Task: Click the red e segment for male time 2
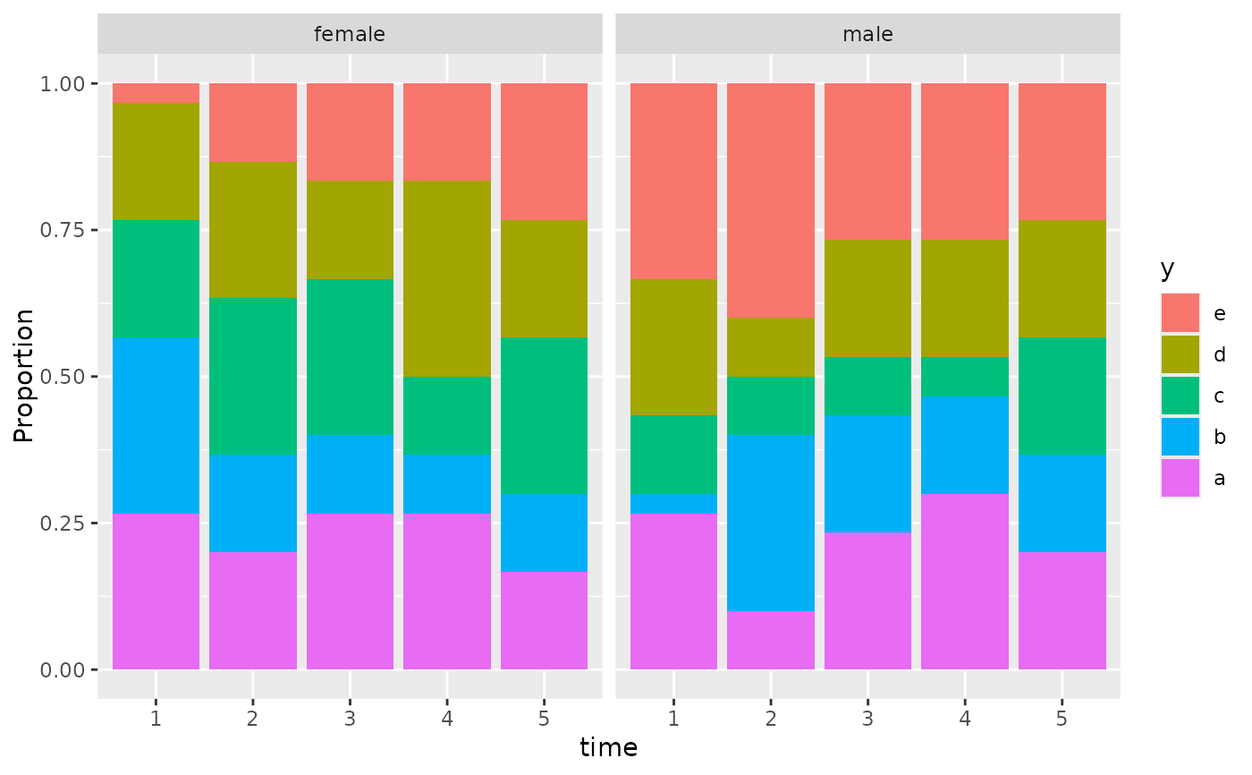(x=771, y=200)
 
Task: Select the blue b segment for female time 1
(x=156, y=425)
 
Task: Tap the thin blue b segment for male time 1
(x=673, y=503)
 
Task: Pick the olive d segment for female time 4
(x=447, y=278)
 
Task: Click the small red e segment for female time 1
(x=156, y=93)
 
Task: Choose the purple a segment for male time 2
(x=771, y=640)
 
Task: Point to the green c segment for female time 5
(x=544, y=415)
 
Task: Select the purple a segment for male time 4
(x=965, y=582)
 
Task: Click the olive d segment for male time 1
(x=673, y=347)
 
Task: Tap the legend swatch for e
(x=1180, y=313)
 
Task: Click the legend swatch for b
(x=1180, y=437)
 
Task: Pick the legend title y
(x=1167, y=268)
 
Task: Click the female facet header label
(x=350, y=35)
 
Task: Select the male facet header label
(x=867, y=35)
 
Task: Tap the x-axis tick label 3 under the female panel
(x=350, y=719)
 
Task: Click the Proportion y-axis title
(x=24, y=376)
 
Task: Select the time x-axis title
(x=608, y=748)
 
